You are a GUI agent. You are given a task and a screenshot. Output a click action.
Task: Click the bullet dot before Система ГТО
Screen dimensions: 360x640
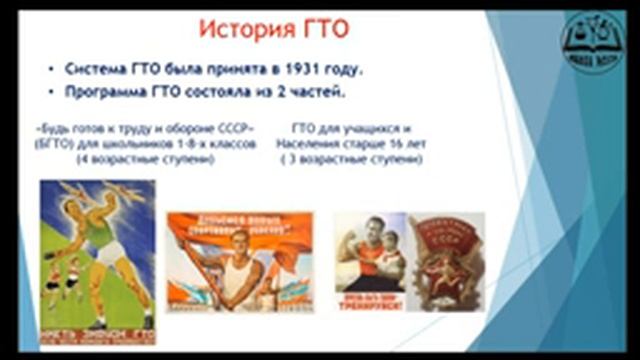(52, 69)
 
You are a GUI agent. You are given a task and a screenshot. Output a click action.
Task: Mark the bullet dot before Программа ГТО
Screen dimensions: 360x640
(52, 94)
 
